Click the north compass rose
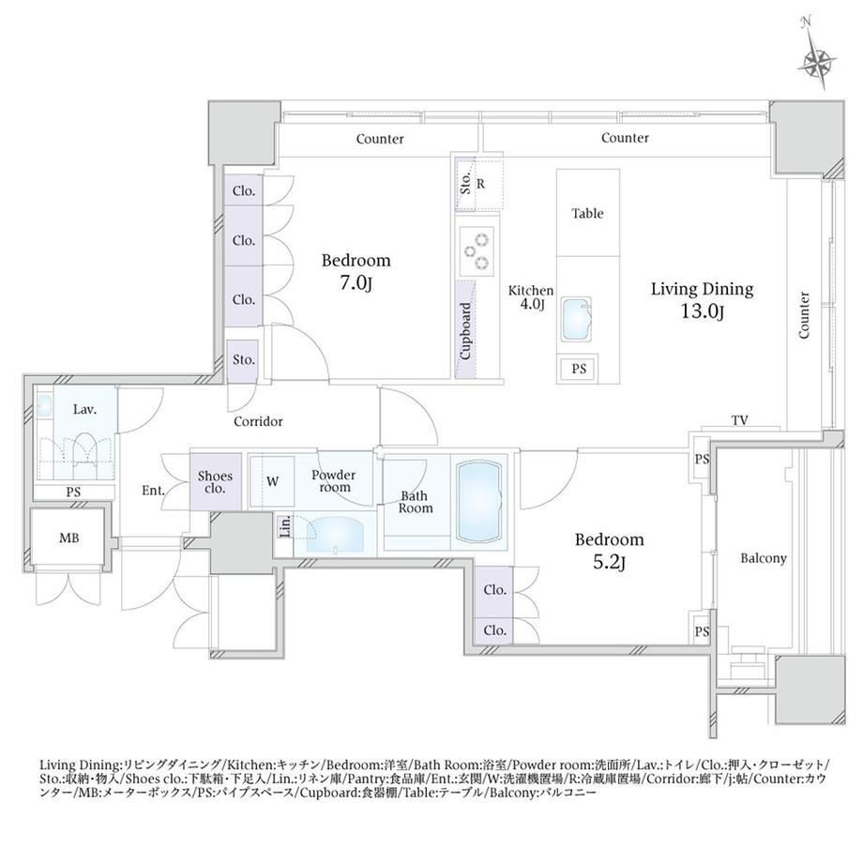point(818,61)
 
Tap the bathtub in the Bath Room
point(478,502)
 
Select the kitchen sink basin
point(576,319)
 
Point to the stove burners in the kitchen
point(477,251)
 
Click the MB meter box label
point(68,537)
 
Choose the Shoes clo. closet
point(215,481)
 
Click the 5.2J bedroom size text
point(609,563)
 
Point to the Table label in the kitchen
point(587,213)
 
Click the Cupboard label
point(465,331)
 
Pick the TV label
point(740,420)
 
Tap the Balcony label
point(763,558)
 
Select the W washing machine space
point(272,481)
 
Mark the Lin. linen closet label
point(286,527)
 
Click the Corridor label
point(258,421)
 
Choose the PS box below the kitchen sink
point(579,369)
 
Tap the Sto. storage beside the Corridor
point(243,360)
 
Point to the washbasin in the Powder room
point(335,533)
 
